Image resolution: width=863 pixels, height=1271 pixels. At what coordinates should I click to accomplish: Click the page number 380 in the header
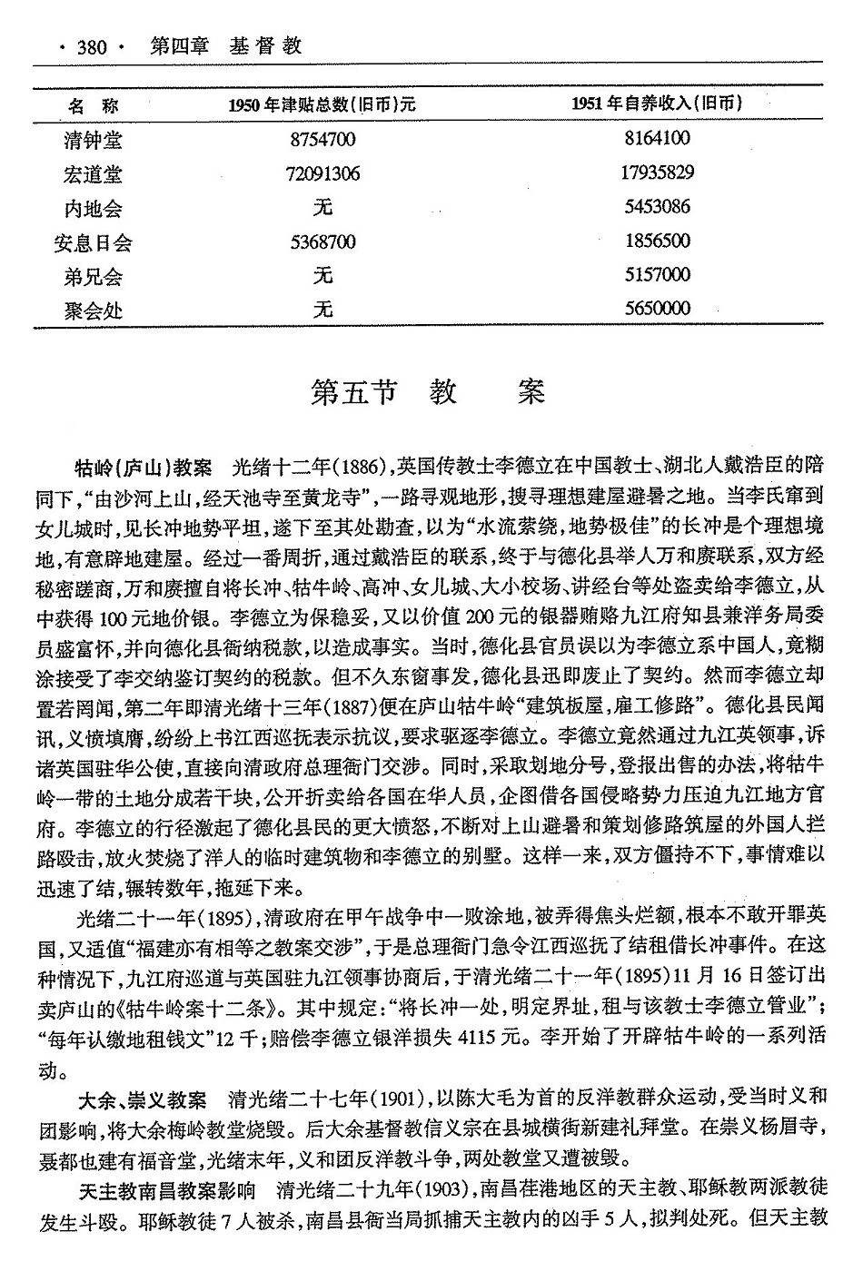92,46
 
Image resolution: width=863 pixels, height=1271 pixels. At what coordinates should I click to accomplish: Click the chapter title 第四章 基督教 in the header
225,45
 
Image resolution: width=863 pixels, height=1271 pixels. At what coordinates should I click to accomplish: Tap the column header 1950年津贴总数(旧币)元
322,104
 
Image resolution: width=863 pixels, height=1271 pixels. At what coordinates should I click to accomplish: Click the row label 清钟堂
93,140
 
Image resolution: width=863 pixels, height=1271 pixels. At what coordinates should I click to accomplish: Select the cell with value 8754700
322,140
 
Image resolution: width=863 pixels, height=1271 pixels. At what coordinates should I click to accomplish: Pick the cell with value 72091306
322,173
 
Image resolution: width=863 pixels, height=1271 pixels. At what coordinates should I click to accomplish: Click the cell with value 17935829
657,173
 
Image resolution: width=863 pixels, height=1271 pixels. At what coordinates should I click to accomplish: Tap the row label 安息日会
93,242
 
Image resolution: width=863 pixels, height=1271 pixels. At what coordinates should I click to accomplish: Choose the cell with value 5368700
322,242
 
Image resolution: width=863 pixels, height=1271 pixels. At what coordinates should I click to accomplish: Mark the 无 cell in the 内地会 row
322,208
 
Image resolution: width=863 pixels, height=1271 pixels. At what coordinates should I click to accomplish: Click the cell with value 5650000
657,310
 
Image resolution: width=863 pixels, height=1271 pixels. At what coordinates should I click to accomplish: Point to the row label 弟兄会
93,276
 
